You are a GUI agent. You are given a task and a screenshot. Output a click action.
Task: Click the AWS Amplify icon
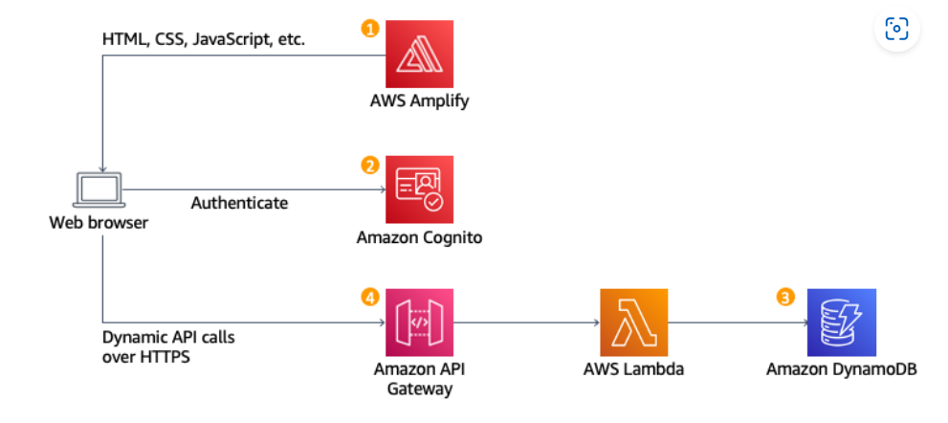(x=419, y=55)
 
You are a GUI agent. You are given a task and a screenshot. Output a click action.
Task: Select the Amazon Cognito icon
(x=419, y=189)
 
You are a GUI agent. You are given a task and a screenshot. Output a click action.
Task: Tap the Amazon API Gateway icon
(x=419, y=323)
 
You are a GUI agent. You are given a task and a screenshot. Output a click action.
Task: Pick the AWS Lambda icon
(x=634, y=323)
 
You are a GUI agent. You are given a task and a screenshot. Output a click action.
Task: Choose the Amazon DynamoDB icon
(x=842, y=323)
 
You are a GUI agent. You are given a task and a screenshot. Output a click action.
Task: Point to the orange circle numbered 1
(x=369, y=29)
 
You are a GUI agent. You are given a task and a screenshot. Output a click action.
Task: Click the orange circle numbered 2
(x=369, y=165)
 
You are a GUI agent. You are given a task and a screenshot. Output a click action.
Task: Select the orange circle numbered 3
(x=785, y=298)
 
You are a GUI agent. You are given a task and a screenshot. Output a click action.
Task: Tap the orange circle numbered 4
(x=369, y=298)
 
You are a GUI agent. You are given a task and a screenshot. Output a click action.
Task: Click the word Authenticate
(x=239, y=203)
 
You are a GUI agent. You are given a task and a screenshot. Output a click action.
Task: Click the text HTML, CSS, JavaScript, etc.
(x=203, y=40)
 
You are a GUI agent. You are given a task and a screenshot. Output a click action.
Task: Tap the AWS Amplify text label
(x=419, y=101)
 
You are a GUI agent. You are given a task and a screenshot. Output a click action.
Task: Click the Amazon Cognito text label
(x=419, y=236)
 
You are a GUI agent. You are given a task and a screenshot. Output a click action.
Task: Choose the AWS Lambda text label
(x=634, y=369)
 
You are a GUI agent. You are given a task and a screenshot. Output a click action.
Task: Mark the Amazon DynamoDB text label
(x=842, y=369)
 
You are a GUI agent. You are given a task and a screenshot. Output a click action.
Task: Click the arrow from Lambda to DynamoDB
(x=737, y=323)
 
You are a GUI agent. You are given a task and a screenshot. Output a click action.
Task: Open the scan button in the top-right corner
(x=896, y=29)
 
